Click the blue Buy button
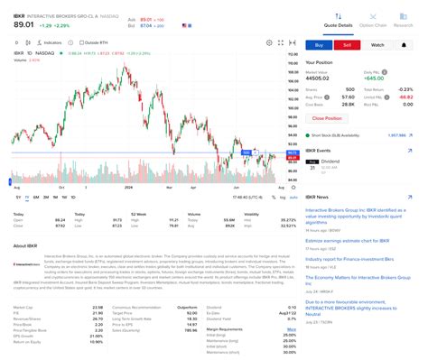(319, 43)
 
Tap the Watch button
(378, 43)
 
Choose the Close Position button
(326, 118)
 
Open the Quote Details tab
(339, 24)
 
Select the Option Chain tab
(374, 24)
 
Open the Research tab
(403, 24)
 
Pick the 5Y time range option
(18, 196)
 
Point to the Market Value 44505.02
(321, 78)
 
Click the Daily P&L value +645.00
(372, 78)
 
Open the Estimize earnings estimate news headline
(353, 241)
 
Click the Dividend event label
(330, 161)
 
